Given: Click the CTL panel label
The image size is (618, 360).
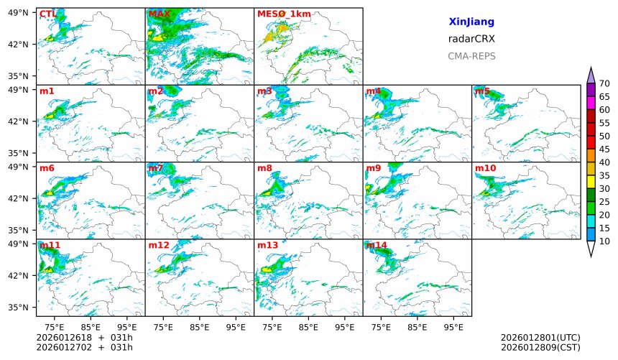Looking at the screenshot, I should point(47,14).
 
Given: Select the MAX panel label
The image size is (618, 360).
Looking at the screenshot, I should point(159,14).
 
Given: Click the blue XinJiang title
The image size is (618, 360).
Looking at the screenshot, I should point(471,22).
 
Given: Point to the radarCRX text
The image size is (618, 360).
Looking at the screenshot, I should point(471,39).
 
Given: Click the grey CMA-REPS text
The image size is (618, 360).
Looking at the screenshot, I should point(471,56).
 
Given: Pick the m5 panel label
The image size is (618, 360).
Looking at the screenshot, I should point(482,91).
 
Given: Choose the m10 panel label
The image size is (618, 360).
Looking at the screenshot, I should point(485,168).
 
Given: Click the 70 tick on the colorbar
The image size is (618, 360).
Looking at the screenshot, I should point(604,84).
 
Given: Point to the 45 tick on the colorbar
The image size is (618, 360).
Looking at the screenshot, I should point(604,149).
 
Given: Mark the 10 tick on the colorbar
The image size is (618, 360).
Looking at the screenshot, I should point(604,241).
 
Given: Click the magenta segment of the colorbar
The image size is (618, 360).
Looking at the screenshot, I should point(591,103).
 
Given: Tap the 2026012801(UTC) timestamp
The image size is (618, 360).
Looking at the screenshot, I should point(540,338).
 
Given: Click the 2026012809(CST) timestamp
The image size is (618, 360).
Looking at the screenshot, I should point(540,347).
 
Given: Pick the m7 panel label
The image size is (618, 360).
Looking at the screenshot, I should point(156,168).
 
